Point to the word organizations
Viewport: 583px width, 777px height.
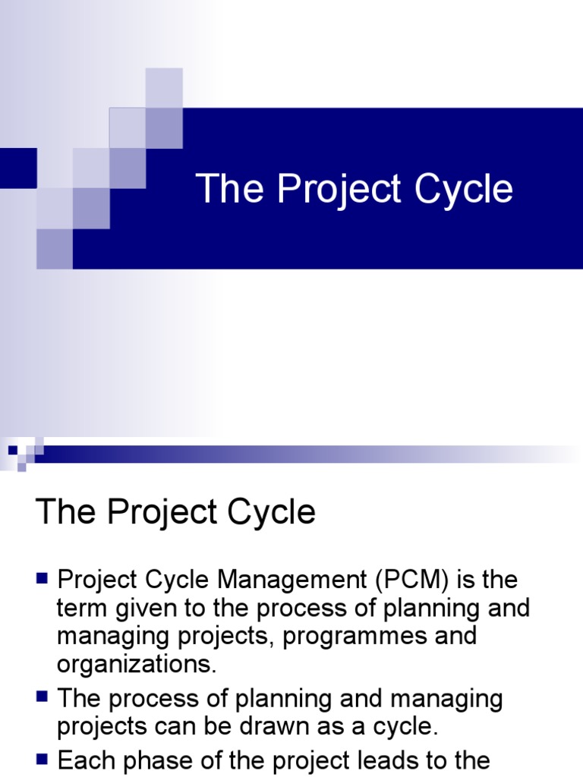pos(137,664)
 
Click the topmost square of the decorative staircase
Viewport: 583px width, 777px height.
pos(164,87)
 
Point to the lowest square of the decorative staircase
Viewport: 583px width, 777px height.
pos(55,249)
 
